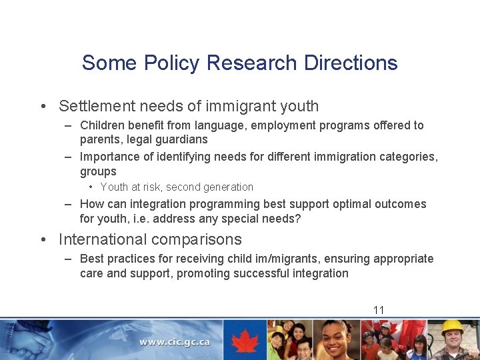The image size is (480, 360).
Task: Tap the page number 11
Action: [x=379, y=310]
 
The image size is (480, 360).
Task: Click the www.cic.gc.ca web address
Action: [x=175, y=342]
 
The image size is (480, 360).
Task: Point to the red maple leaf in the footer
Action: [x=245, y=340]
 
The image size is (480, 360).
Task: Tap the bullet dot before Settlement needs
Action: [x=42, y=107]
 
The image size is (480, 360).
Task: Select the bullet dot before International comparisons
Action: [x=42, y=240]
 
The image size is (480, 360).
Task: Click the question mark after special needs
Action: [x=298, y=219]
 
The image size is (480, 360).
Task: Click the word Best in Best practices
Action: [x=91, y=259]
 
